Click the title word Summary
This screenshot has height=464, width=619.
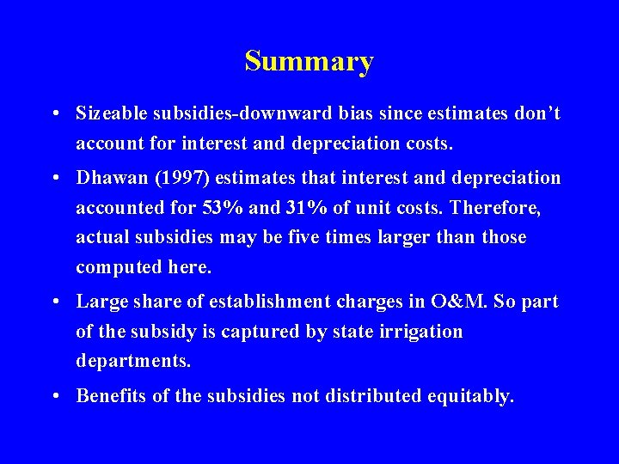point(309,62)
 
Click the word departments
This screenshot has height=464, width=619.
point(132,361)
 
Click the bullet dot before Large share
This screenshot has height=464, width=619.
point(54,302)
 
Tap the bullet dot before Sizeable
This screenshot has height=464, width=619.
point(54,114)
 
